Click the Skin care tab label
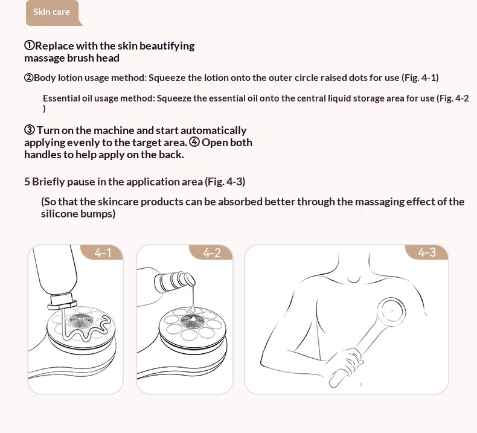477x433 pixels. click(x=51, y=12)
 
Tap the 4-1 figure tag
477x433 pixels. click(x=103, y=253)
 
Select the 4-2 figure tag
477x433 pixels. click(x=212, y=253)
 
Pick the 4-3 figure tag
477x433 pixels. click(x=427, y=252)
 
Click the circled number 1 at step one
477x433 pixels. click(x=30, y=46)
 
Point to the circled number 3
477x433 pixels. click(x=30, y=130)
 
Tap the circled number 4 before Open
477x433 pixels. click(x=194, y=142)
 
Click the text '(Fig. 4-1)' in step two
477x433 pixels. click(x=420, y=77)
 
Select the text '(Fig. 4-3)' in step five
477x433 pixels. click(x=225, y=182)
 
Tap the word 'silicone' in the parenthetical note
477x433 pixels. click(x=59, y=214)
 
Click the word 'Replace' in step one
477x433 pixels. click(x=54, y=46)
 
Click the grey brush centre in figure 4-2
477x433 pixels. click(x=191, y=321)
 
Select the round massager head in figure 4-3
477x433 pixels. click(x=391, y=311)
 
